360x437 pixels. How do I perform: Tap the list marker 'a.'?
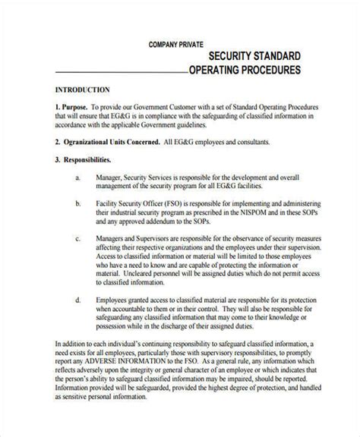tap(78, 178)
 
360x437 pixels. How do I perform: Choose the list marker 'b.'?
tap(78, 205)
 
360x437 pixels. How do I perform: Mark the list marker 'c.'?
tap(78, 240)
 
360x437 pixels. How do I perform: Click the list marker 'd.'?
tap(78, 301)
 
